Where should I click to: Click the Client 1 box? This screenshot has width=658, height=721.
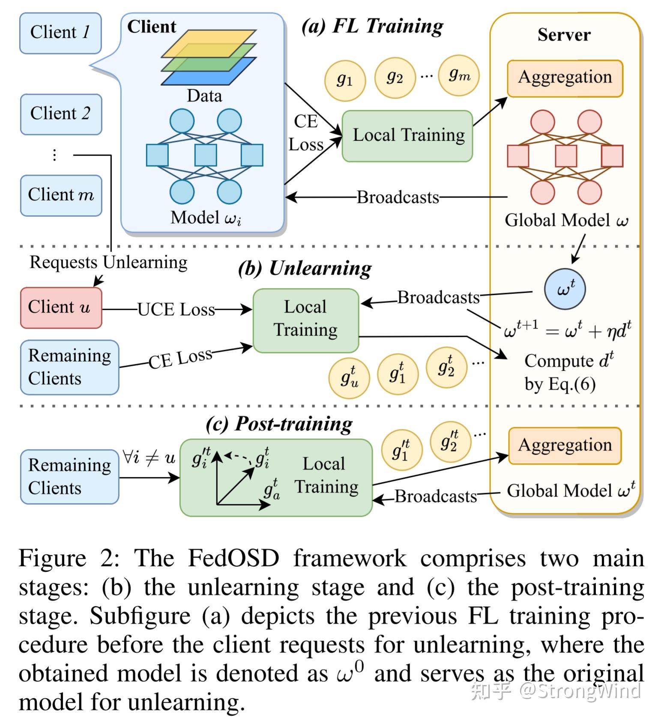tap(60, 33)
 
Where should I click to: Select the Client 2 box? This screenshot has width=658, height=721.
tap(61, 114)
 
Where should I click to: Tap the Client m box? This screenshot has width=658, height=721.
tap(61, 195)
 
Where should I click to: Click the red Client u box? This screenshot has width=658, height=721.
tap(61, 308)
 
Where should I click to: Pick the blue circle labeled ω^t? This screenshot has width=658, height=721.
tap(565, 289)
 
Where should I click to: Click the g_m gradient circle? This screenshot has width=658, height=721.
tap(459, 75)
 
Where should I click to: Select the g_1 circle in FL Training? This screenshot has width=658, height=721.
tap(345, 80)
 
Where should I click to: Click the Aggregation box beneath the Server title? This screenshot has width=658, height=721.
tap(565, 78)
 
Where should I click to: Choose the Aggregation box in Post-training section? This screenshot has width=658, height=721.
tap(565, 446)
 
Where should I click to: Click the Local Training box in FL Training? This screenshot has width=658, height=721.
tap(407, 136)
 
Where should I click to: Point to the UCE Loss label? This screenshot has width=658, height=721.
tap(176, 309)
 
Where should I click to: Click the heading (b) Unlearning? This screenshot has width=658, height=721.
tap(305, 269)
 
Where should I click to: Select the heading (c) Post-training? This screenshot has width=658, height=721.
tap(279, 424)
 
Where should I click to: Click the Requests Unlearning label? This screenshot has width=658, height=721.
tap(108, 262)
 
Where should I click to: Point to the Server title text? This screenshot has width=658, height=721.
tap(564, 35)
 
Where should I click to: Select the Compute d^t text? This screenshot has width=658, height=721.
tap(568, 361)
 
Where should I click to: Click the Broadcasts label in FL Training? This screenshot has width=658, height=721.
tap(398, 197)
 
